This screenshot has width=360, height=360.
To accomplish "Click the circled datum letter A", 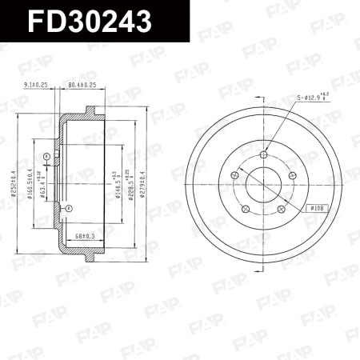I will [46, 155].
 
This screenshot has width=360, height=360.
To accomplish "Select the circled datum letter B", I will [68, 208].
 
